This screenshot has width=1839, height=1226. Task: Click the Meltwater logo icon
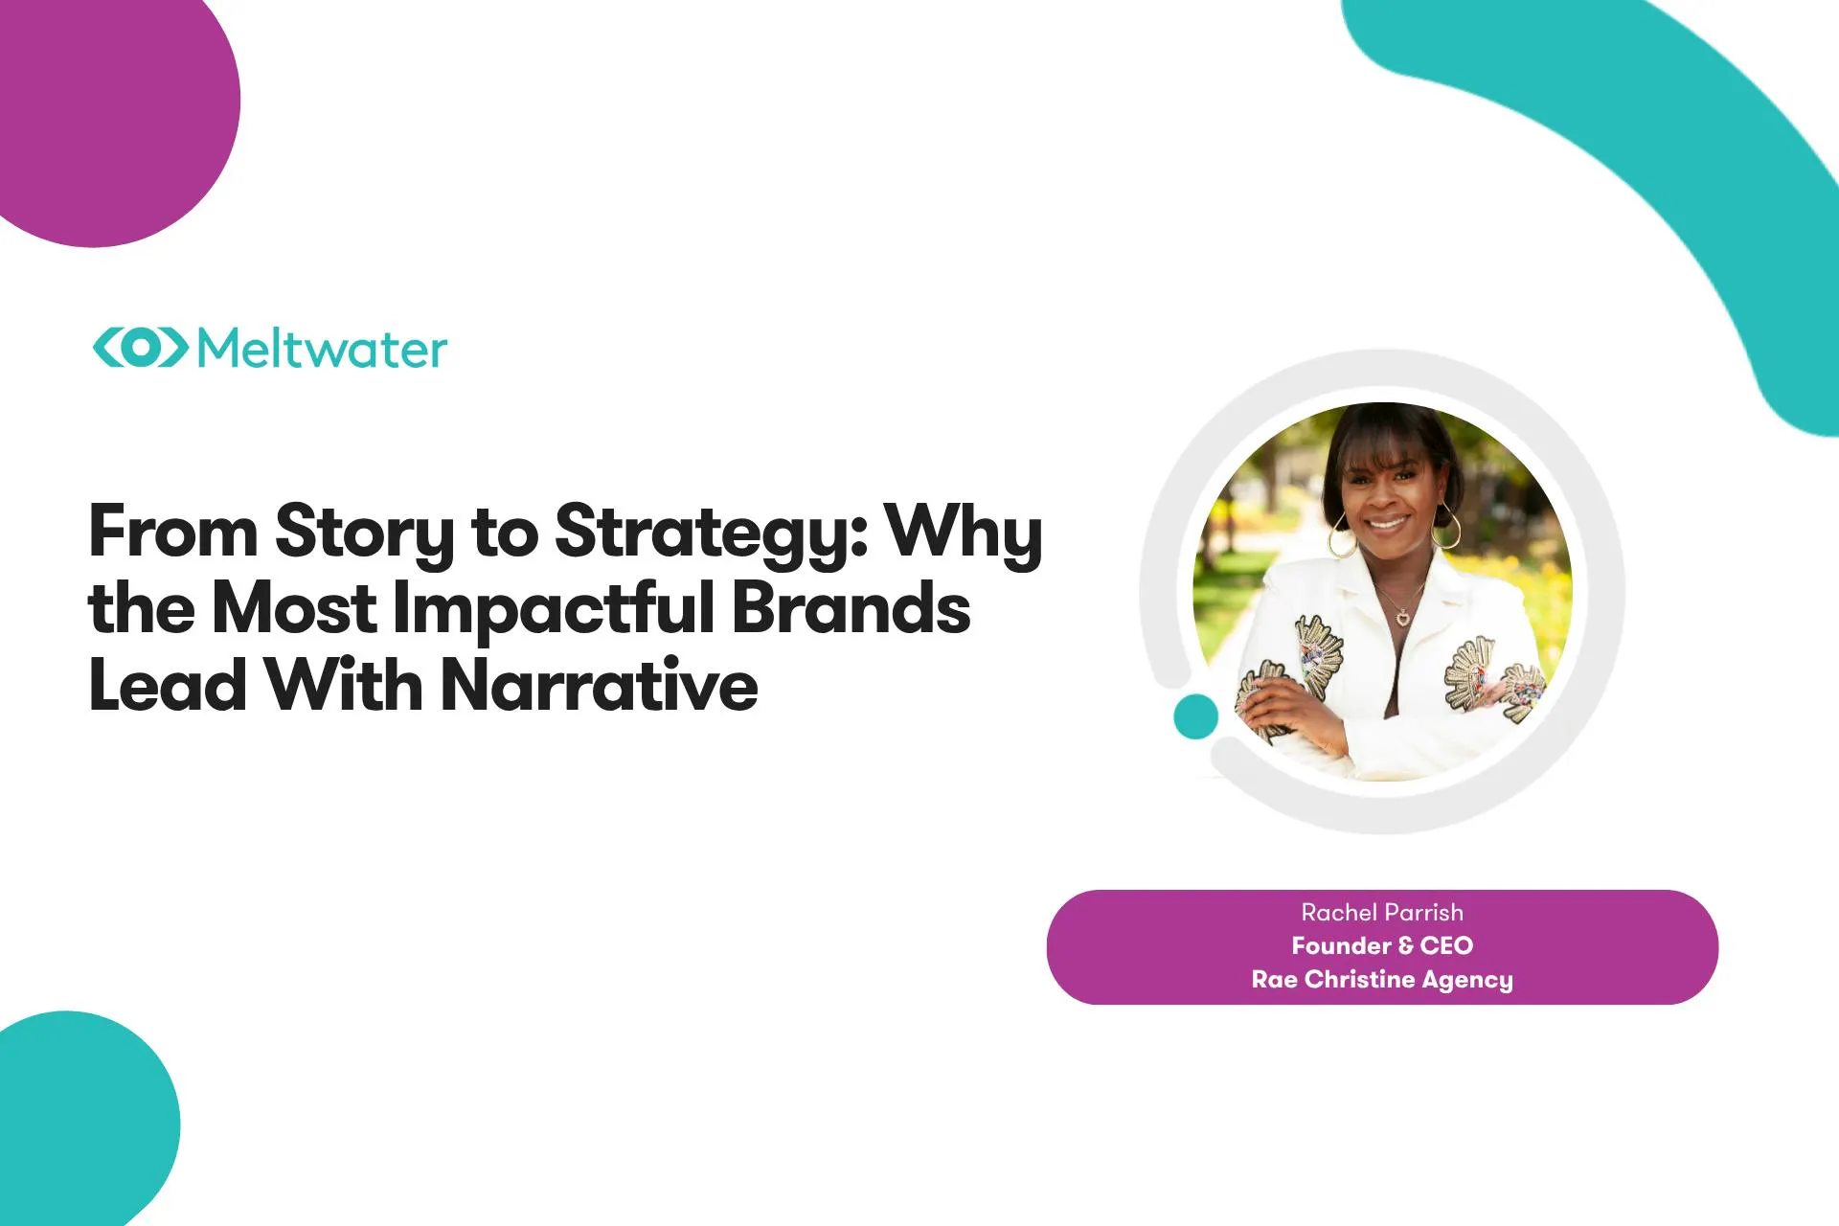140,348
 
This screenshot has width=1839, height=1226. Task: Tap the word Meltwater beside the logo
322,349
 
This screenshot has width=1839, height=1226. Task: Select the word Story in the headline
365,534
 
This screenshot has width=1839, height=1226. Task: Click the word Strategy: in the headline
711,534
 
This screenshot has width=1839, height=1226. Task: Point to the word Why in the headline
963,534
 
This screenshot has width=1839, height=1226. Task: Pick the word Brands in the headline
851,608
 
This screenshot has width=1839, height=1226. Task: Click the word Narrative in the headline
599,686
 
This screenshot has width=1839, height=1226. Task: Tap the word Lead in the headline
168,686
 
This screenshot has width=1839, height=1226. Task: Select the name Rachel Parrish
1382,912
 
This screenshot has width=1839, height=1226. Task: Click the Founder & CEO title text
1382,945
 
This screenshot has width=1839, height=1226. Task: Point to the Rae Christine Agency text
1382,980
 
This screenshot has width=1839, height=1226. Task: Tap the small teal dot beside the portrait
1195,716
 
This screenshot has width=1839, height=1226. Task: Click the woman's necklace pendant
1403,618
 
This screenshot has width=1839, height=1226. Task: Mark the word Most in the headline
294,609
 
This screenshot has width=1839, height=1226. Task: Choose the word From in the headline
173,532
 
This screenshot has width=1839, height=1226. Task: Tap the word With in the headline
343,686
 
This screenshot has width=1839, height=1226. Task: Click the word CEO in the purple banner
1446,945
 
